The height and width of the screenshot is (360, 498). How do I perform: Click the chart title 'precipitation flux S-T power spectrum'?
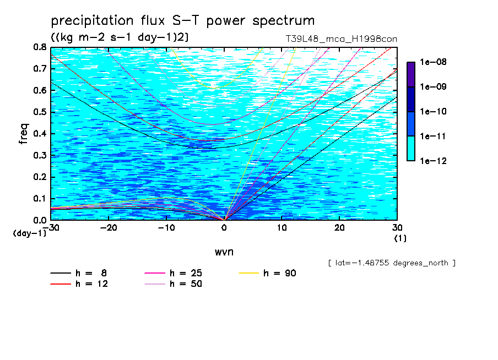pyautogui.click(x=183, y=21)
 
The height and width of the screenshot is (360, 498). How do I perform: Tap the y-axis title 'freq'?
pyautogui.click(x=24, y=134)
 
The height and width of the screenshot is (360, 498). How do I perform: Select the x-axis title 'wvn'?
pyautogui.click(x=224, y=252)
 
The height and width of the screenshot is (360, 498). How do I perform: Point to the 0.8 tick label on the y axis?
pyautogui.click(x=40, y=47)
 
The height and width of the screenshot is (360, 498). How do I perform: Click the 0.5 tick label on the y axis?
pyautogui.click(x=40, y=112)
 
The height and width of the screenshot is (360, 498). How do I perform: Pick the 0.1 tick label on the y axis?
pyautogui.click(x=40, y=199)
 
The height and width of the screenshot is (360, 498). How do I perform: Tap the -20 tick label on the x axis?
pyautogui.click(x=109, y=228)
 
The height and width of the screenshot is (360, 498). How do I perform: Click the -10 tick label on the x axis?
pyautogui.click(x=166, y=228)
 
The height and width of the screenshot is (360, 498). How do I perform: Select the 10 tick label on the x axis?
pyautogui.click(x=282, y=228)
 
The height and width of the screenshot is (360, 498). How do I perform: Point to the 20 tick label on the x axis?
pyautogui.click(x=339, y=228)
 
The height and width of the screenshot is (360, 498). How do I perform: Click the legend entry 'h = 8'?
pyautogui.click(x=78, y=273)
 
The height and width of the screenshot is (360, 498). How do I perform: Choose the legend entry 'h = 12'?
pyautogui.click(x=79, y=283)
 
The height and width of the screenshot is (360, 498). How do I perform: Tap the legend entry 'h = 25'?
pyautogui.click(x=173, y=273)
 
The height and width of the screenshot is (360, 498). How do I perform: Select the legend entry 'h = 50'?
pyautogui.click(x=173, y=283)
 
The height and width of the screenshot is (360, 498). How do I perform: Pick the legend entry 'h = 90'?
pyautogui.click(x=267, y=273)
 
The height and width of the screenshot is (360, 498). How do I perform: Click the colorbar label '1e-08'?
pyautogui.click(x=433, y=62)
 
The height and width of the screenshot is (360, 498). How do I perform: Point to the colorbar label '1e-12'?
pyautogui.click(x=433, y=161)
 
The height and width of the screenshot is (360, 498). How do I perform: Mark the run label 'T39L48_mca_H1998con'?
pyautogui.click(x=342, y=39)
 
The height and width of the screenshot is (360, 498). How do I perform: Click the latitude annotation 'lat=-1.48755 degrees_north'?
pyautogui.click(x=392, y=263)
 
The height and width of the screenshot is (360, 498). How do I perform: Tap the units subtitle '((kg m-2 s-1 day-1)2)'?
pyautogui.click(x=120, y=37)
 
